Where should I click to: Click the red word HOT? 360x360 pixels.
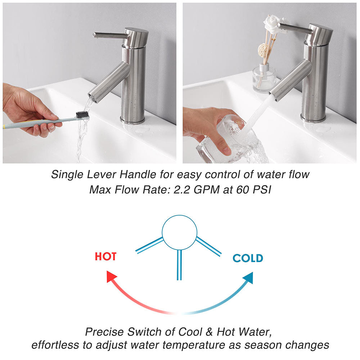tap(105, 256)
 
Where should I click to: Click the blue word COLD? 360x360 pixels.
tap(248, 258)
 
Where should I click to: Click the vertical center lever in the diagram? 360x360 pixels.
tap(179, 265)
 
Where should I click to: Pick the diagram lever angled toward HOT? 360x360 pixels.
tap(149, 246)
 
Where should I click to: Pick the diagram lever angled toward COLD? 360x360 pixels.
tap(208, 246)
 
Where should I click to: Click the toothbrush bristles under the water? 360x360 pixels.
tap(82, 114)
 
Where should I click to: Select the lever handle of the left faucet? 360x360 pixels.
tap(110, 35)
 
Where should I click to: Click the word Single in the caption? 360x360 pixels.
tap(67, 175)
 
